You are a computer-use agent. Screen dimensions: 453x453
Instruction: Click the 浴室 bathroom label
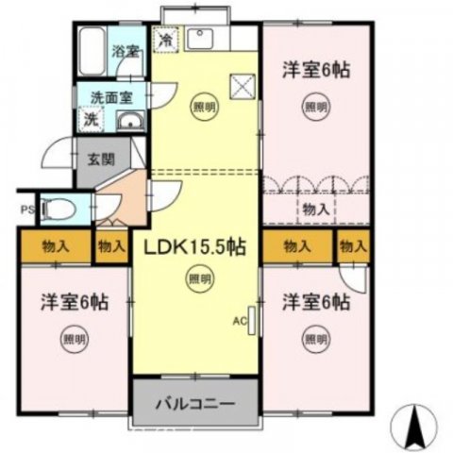click(125, 51)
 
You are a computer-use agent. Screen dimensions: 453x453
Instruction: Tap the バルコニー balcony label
click(194, 405)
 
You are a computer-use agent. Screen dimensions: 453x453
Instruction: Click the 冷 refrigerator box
click(166, 41)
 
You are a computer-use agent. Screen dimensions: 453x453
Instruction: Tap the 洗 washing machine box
click(91, 120)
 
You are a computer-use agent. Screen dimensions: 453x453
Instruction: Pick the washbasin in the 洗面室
click(130, 120)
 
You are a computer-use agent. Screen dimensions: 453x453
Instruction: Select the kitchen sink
click(200, 40)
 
